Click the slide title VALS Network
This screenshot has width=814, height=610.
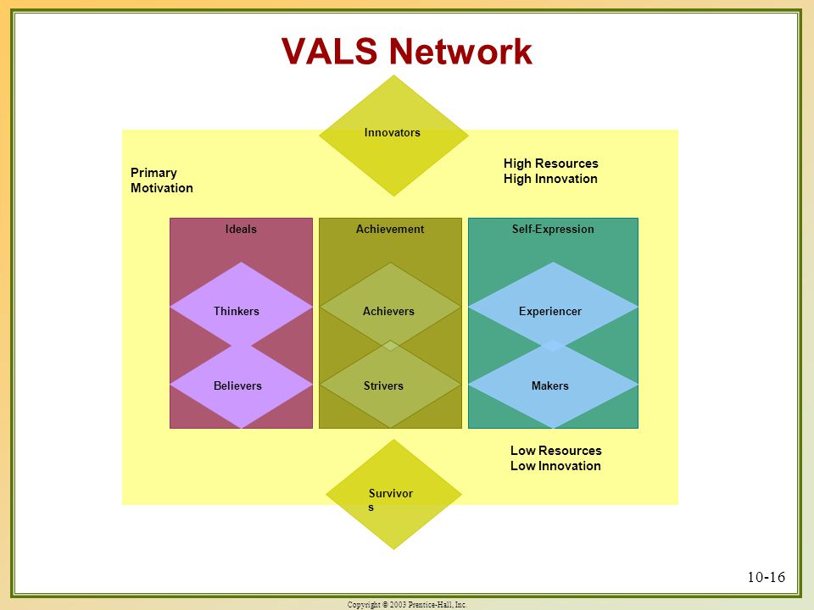tap(406, 52)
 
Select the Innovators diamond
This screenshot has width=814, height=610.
tap(393, 136)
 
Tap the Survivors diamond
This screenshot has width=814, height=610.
tap(393, 494)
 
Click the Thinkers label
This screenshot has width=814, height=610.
tap(237, 311)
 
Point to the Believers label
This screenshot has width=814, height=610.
tap(237, 386)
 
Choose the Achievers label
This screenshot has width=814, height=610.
tap(388, 311)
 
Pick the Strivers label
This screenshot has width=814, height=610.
tap(383, 386)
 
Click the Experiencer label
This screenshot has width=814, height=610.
tap(550, 311)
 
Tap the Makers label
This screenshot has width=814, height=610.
tap(549, 386)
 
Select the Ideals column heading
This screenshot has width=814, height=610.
tap(241, 230)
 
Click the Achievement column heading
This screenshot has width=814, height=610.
tap(390, 230)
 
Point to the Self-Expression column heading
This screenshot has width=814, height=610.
tap(553, 230)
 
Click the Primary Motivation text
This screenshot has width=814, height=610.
tap(161, 180)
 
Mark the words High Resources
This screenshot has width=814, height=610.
tap(551, 164)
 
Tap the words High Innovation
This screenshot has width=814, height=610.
tap(550, 179)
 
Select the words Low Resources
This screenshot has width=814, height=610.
tap(556, 450)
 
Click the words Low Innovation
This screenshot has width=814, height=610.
tap(555, 466)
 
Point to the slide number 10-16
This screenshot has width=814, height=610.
tap(767, 577)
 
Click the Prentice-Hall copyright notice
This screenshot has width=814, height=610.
tap(407, 604)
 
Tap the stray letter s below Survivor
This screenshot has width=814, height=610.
tap(371, 507)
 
